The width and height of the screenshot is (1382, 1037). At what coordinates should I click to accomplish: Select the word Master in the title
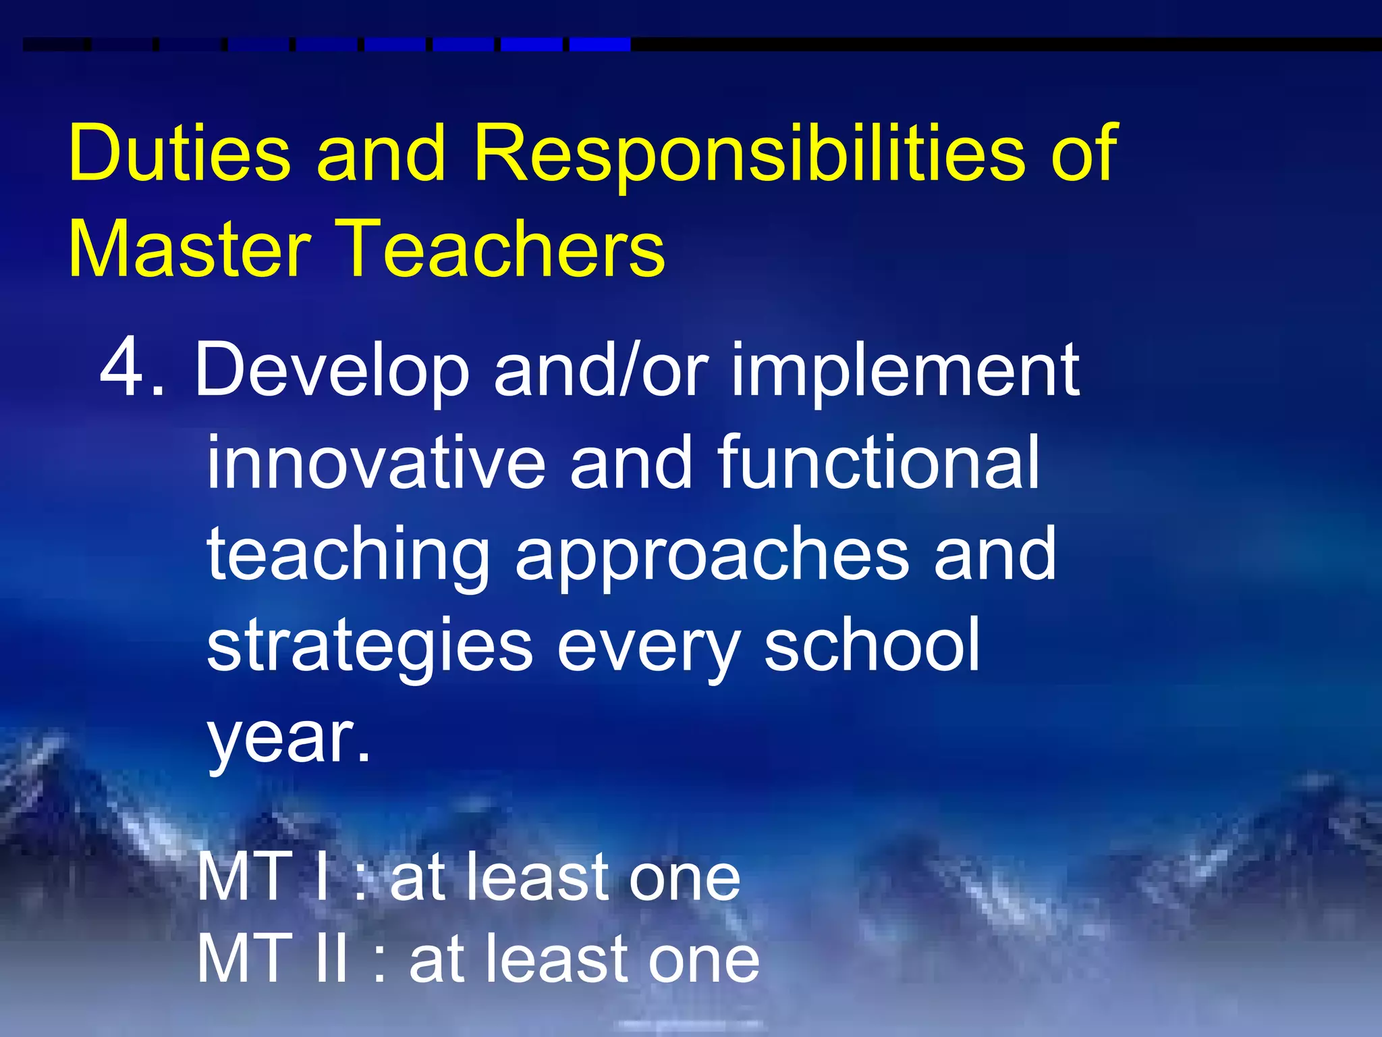click(190, 248)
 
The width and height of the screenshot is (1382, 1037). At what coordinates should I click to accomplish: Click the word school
click(871, 647)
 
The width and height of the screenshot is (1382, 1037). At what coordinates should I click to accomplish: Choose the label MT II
click(274, 959)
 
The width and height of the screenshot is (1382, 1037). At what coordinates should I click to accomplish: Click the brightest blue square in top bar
click(599, 45)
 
